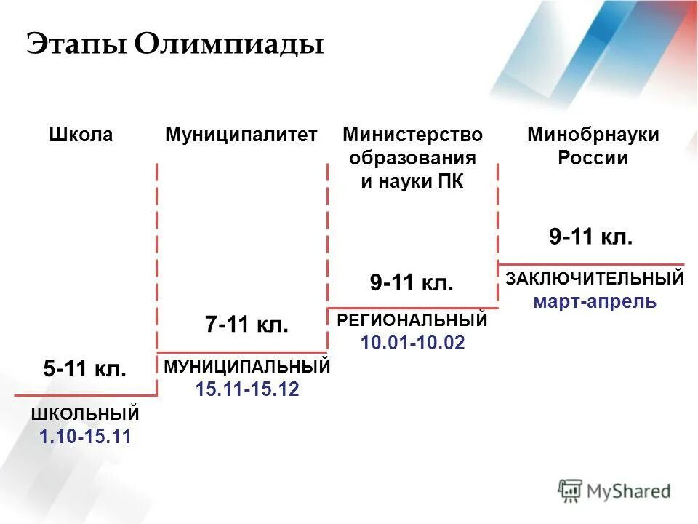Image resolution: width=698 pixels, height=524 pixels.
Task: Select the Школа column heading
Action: [x=81, y=135]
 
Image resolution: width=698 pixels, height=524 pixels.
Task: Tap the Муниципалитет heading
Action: [x=241, y=135]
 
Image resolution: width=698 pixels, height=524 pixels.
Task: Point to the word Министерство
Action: [x=412, y=135]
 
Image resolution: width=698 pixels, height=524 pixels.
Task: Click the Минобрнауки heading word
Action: [x=593, y=135]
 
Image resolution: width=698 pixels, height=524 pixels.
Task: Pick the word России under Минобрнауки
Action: [x=593, y=159]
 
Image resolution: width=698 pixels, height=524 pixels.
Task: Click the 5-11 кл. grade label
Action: [x=85, y=369]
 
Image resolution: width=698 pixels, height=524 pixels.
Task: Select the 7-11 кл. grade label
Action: [x=247, y=325]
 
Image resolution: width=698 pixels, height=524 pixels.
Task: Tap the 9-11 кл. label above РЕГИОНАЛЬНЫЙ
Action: [x=412, y=282]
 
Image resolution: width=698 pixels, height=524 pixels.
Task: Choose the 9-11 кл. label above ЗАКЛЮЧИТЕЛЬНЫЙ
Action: [x=591, y=237]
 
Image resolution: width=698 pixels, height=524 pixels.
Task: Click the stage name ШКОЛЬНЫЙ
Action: [x=85, y=415]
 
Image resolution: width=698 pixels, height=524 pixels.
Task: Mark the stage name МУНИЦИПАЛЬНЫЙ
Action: [x=247, y=367]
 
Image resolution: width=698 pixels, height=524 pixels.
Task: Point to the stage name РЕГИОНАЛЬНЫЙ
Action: [x=412, y=320]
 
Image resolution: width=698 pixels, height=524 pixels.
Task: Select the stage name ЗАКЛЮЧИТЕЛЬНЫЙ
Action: [x=595, y=278]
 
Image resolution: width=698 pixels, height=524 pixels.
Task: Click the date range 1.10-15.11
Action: [x=85, y=437]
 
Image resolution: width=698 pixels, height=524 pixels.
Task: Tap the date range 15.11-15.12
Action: [x=247, y=389]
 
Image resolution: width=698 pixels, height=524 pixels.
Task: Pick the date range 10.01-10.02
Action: [x=412, y=342]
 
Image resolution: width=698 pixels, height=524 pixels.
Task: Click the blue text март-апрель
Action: [x=595, y=301]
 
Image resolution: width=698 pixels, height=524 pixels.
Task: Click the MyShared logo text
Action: [x=628, y=491]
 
